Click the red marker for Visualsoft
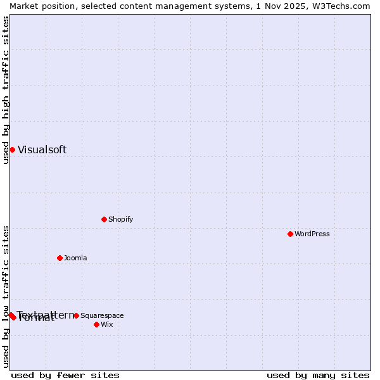[x=12, y=149]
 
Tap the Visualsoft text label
[x=42, y=150]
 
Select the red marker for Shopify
[x=104, y=219]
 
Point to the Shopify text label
[x=120, y=220]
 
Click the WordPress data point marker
[x=290, y=234]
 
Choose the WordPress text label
[x=312, y=234]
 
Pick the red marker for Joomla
[x=60, y=258]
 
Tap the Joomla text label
[x=75, y=258]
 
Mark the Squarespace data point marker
[x=76, y=315]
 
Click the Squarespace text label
[x=102, y=316]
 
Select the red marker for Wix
[x=96, y=324]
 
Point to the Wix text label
[x=106, y=325]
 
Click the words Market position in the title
[x=41, y=6]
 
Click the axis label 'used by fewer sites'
[x=65, y=375]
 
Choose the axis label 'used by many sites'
[x=318, y=375]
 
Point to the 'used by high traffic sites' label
[x=6, y=90]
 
